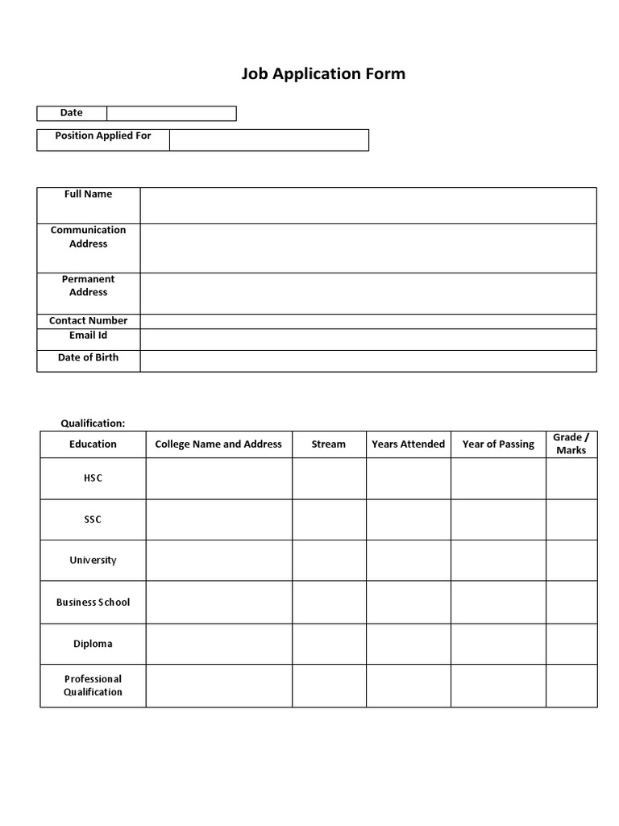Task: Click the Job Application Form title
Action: pos(323,74)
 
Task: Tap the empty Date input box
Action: pos(171,114)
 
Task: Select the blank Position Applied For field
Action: pos(268,140)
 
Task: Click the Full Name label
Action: pos(89,194)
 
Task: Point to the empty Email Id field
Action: pos(368,340)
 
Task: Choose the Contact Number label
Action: pos(89,321)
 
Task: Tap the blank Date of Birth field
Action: pos(368,361)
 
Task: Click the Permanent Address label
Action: pos(89,286)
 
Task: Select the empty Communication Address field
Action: pos(368,248)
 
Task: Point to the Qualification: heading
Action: pos(93,423)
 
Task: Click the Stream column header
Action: pos(329,444)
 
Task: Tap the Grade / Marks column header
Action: pos(571,444)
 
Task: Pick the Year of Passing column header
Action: pos(498,444)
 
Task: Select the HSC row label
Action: pos(93,478)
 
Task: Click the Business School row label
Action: pos(93,603)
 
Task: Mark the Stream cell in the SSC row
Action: pos(329,520)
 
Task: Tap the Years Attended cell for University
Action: pos(409,561)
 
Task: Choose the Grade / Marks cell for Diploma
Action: pos(571,645)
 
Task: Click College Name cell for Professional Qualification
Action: pos(218,686)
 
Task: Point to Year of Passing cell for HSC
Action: pos(498,479)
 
